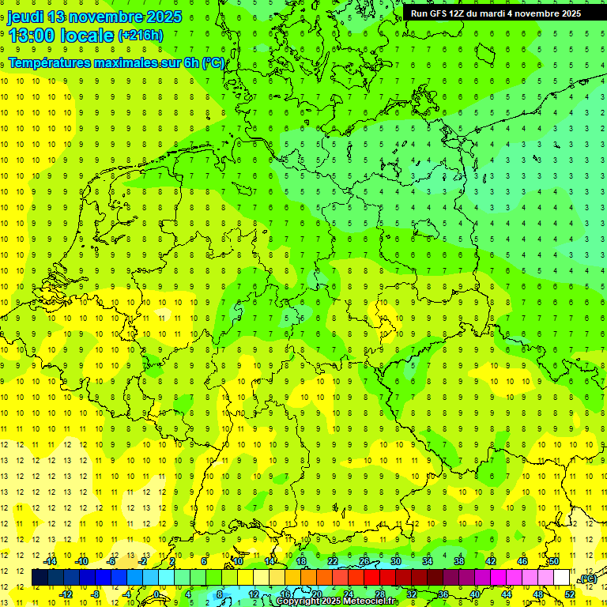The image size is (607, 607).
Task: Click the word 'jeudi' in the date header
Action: [x=25, y=17]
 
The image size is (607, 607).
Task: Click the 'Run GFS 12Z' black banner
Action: [x=496, y=13]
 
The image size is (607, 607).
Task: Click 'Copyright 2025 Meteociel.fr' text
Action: [x=336, y=601]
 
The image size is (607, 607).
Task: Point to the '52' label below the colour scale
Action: [x=570, y=594]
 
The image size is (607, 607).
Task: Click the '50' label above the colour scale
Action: [x=554, y=561]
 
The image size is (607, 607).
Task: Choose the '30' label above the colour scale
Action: [x=396, y=561]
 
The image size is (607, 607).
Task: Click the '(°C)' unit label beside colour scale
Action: [x=588, y=579]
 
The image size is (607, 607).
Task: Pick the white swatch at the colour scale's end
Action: [x=562, y=579]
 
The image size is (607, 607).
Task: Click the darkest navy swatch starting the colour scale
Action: [x=40, y=579]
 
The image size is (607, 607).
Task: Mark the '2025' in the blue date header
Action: [x=158, y=17]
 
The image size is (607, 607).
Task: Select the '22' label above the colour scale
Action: [x=333, y=561]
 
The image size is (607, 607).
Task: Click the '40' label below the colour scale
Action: [x=475, y=594]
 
